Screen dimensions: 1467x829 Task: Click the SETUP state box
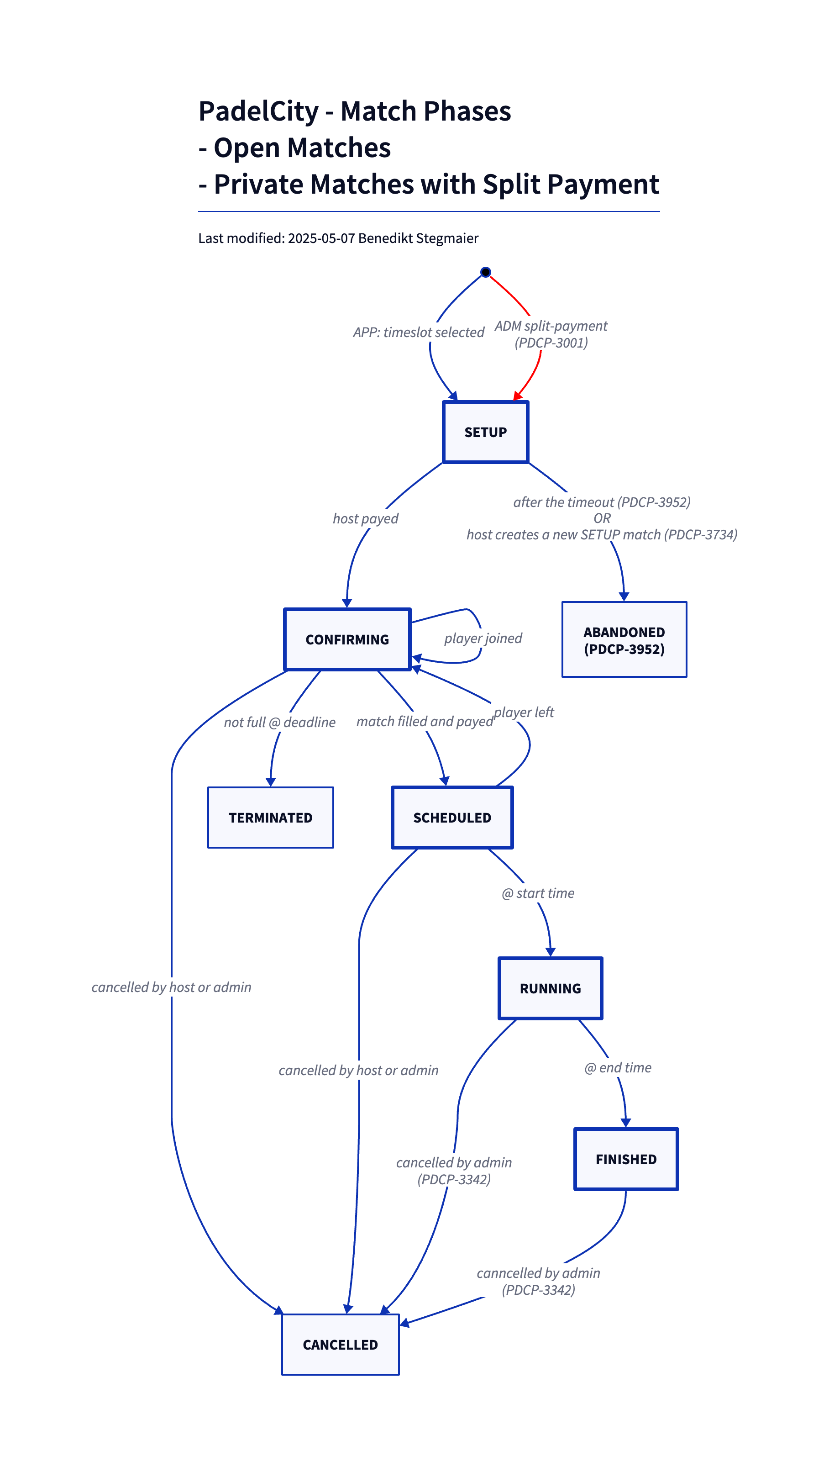tap(485, 432)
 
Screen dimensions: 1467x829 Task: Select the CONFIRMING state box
tap(347, 639)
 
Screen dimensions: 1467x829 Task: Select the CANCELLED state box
tap(341, 1345)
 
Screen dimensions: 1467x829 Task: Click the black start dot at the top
tap(485, 272)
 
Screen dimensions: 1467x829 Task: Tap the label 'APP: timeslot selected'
tap(419, 332)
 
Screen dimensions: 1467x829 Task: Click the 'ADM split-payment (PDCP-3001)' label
tap(551, 334)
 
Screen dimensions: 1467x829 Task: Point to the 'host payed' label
tap(366, 519)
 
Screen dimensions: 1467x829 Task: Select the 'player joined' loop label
tap(483, 639)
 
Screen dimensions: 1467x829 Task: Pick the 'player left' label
tap(524, 712)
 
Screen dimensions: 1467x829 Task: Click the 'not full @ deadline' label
tap(279, 722)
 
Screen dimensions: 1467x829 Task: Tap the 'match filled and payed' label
tap(425, 722)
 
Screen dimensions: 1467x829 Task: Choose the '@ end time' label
tap(618, 1068)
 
